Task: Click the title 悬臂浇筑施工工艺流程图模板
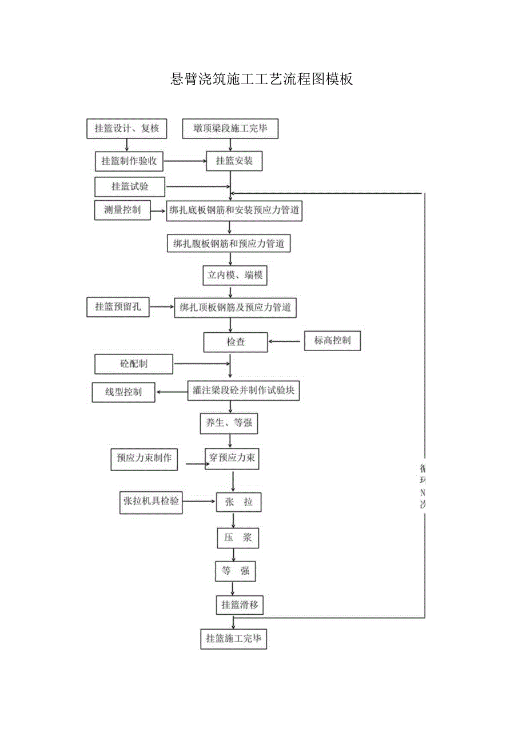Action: tap(262, 79)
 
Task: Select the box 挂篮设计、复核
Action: tap(127, 129)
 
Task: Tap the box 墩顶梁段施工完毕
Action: tap(230, 129)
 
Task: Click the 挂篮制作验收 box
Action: tap(129, 161)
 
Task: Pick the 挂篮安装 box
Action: tap(234, 161)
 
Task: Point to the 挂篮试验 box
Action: tap(130, 186)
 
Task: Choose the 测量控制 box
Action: tap(122, 210)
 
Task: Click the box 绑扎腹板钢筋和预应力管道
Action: tap(229, 244)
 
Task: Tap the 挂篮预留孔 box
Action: tap(118, 307)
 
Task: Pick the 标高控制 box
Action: tap(332, 341)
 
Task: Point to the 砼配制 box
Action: tap(134, 363)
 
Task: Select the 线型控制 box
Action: tap(123, 392)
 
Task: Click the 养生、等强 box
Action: tap(229, 424)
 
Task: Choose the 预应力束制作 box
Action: tap(144, 459)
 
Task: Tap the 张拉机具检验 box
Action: tap(151, 501)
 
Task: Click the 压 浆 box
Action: tap(238, 538)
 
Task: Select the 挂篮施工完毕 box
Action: tap(233, 638)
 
